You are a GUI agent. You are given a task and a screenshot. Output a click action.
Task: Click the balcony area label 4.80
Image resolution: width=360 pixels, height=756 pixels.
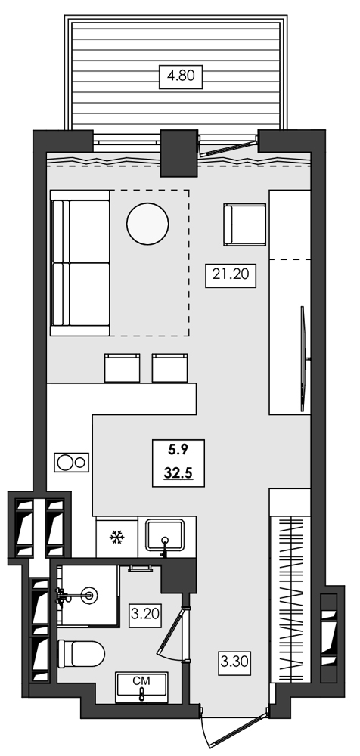178,76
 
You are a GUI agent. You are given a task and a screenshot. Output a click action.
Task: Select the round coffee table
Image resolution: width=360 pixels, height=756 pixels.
147,224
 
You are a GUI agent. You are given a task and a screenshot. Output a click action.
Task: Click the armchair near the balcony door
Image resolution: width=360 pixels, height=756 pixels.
244,225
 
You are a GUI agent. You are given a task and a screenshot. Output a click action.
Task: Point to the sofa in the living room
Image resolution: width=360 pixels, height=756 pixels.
79,262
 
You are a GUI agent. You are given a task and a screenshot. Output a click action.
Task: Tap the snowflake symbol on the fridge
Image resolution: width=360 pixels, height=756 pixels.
117,538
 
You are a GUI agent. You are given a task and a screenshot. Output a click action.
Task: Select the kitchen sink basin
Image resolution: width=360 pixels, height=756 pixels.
166,536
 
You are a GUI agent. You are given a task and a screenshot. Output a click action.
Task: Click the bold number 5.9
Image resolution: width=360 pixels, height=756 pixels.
178,450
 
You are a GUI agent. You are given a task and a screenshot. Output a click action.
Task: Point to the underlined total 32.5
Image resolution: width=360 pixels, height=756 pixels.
178,475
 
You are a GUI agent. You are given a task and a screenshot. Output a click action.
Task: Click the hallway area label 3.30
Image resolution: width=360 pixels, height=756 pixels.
234,662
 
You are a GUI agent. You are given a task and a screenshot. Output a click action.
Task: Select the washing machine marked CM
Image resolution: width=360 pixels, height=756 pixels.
141,687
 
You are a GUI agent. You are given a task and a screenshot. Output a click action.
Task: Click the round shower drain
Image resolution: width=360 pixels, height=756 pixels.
92,595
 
